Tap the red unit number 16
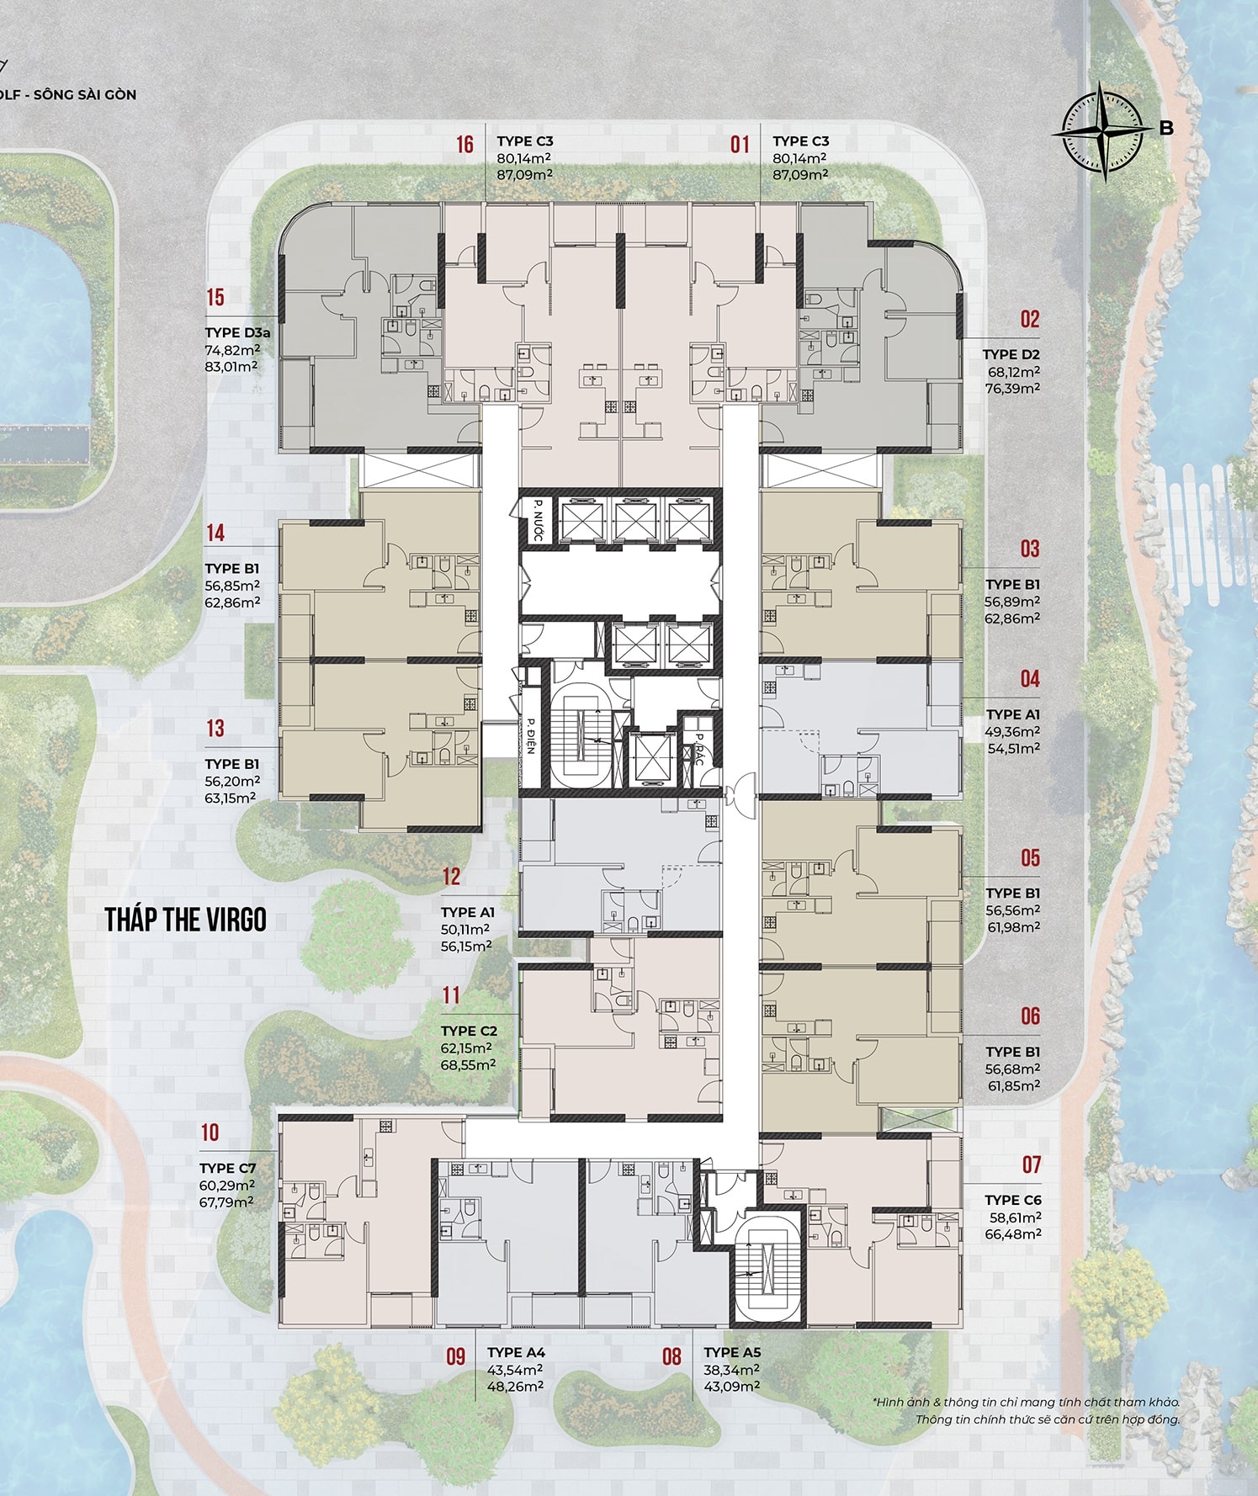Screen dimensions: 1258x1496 [x=465, y=145]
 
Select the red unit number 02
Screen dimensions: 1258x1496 [x=1030, y=320]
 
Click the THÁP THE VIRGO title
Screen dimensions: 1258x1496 [x=186, y=920]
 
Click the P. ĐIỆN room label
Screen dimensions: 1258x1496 [x=531, y=735]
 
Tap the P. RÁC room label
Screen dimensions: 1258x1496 [x=698, y=749]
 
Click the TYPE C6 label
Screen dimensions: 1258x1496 [x=1013, y=1200]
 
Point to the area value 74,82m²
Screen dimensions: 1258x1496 [x=232, y=350]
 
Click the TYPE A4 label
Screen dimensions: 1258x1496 [x=516, y=1352]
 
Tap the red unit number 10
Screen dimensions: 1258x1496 [x=210, y=1133]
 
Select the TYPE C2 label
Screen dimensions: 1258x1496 [x=469, y=1031]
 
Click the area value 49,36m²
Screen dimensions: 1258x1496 [x=1012, y=731]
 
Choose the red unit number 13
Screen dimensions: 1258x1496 [x=215, y=728]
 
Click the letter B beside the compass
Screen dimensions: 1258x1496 [x=1166, y=129]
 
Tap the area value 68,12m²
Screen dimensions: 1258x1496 [x=1013, y=372]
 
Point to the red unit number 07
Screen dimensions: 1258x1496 [x=1032, y=1165]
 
